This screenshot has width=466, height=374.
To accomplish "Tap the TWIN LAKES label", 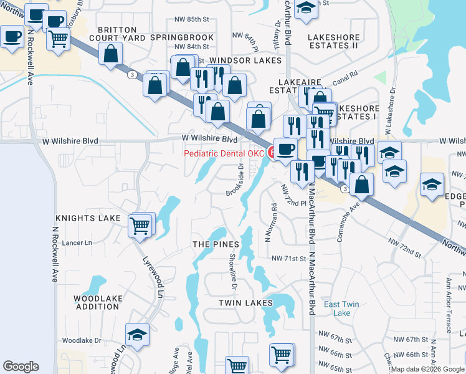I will click(245, 303).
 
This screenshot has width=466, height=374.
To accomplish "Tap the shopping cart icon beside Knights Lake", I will click(141, 224).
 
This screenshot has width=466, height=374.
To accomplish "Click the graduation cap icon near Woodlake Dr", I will click(137, 335).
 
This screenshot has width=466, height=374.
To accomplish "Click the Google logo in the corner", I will click(21, 367).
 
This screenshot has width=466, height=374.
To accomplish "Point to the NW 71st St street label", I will click(288, 258).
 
